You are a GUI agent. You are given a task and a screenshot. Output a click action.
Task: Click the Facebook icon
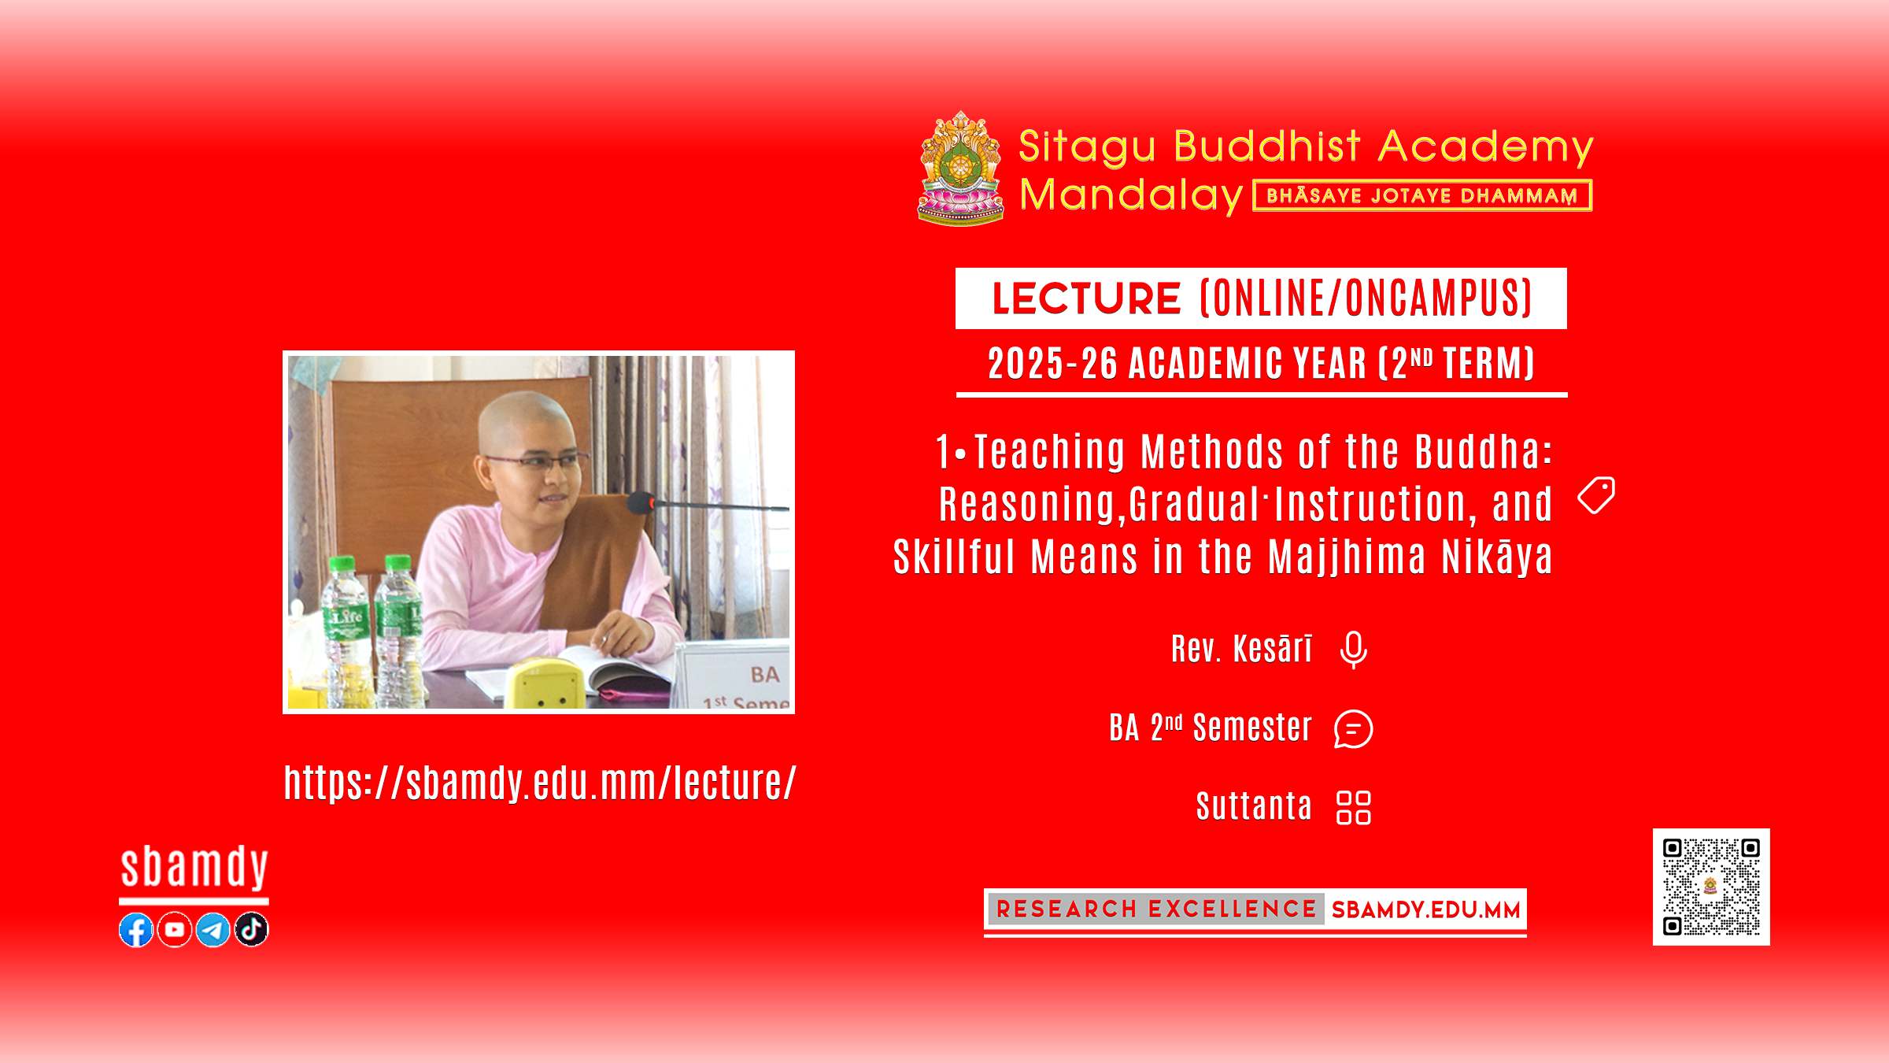pos(136,930)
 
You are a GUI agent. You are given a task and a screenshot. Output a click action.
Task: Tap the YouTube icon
pos(175,930)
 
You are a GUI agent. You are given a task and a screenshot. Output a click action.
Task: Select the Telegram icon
pos(213,930)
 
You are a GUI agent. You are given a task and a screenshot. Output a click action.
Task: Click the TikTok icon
pos(252,930)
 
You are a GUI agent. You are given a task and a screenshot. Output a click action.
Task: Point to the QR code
pos(1711,887)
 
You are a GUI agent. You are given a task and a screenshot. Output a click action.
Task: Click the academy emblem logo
pos(961,168)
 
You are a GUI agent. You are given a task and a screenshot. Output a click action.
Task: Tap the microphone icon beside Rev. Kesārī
pos(1354,650)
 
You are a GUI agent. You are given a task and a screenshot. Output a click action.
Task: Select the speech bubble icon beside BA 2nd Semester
pos(1354,729)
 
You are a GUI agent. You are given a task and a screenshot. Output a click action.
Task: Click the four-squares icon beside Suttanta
pos(1354,808)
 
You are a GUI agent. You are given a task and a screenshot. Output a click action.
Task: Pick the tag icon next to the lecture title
pos(1596,495)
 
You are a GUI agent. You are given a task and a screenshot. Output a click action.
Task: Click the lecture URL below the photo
pos(540,783)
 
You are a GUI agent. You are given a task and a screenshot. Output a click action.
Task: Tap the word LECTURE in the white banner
pos(1086,298)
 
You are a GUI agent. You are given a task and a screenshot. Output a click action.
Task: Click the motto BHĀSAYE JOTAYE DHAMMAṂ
pos(1422,196)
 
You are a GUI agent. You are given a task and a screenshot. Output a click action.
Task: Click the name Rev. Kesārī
pos(1242,649)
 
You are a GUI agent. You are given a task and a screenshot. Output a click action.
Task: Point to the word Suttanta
pos(1255,806)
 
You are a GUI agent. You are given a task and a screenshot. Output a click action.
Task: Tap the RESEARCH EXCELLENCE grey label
pos(1155,909)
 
